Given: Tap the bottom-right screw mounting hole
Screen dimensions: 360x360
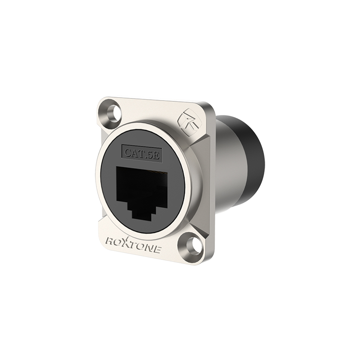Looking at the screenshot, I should (x=192, y=243).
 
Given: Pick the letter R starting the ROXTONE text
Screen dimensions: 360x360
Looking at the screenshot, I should (x=110, y=240).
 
